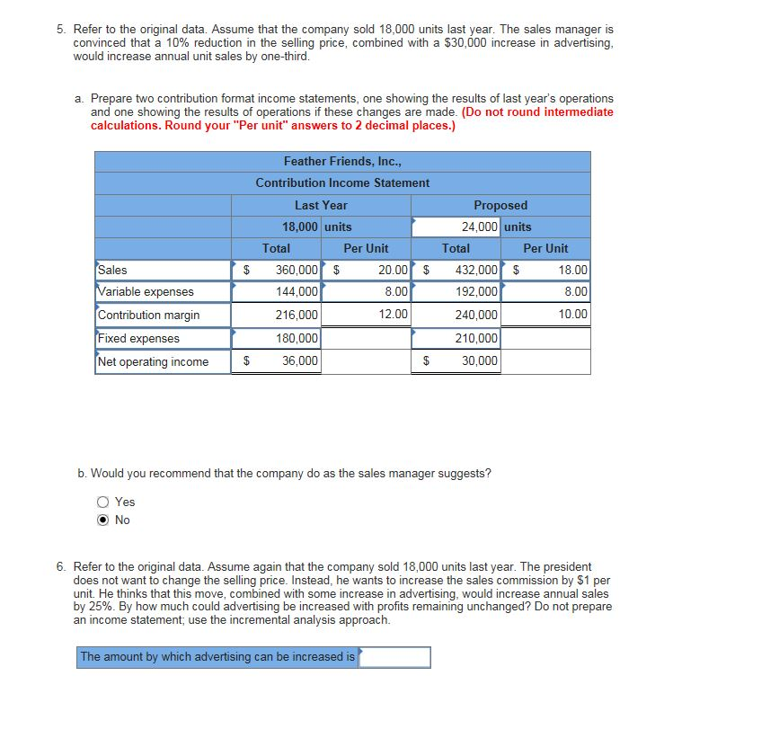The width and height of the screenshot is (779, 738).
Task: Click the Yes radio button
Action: tap(103, 502)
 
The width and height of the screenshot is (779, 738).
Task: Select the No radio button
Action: tap(103, 520)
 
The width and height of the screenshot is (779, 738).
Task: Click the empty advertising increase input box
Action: tap(394, 657)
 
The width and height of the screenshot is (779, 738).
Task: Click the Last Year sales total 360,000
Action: tap(296, 270)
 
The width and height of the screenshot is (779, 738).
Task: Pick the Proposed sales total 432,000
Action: tap(476, 270)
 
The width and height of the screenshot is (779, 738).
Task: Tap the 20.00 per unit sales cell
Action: tap(393, 270)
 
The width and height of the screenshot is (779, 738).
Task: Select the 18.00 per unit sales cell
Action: tap(572, 270)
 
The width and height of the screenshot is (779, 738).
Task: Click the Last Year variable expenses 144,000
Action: tap(296, 291)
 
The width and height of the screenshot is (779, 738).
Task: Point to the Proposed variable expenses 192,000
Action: tap(476, 291)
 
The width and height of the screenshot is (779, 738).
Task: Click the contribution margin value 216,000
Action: tap(296, 315)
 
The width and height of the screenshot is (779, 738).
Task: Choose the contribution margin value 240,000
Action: tap(476, 315)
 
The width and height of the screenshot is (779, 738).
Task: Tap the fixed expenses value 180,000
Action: tap(296, 338)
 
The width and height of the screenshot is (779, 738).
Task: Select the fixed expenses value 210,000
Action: tap(476, 338)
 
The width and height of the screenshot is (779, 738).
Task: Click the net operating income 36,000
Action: tap(301, 361)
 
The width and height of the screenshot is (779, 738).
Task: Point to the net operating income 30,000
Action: tap(481, 361)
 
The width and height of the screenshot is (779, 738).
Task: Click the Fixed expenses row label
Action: tap(138, 338)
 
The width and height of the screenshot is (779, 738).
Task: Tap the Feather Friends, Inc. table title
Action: tap(342, 162)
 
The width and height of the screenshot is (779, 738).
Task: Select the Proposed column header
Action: tap(500, 205)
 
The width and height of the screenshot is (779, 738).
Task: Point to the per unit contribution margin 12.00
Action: tap(393, 315)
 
